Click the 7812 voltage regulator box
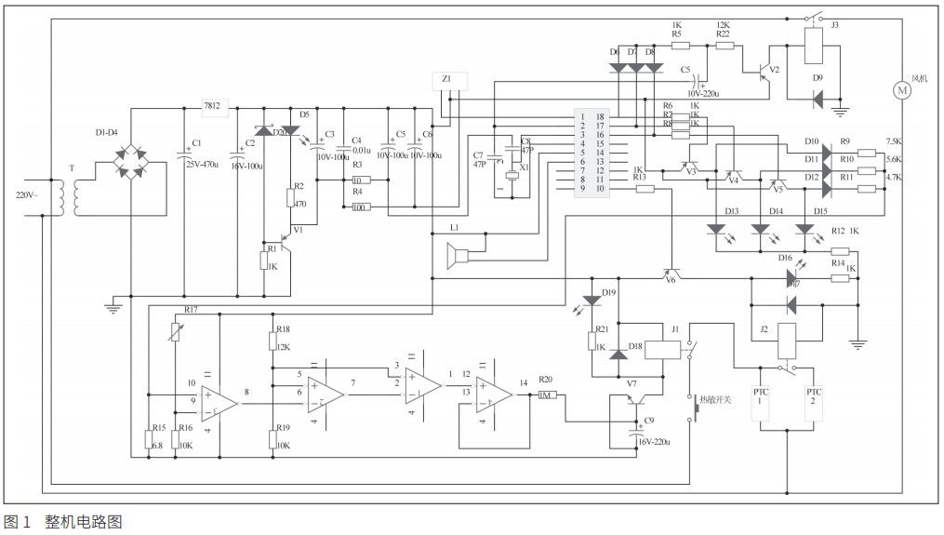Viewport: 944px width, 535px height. point(212,107)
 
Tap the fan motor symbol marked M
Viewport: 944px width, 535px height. point(900,89)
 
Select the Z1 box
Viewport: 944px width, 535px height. point(449,80)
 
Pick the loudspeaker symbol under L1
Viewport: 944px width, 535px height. point(458,253)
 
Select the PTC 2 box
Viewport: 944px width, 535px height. point(814,404)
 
